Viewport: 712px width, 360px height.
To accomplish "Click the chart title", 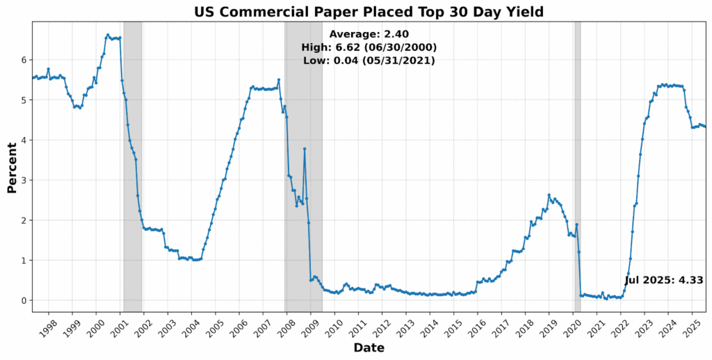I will point(369,12).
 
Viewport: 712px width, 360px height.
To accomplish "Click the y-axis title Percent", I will point(12,167).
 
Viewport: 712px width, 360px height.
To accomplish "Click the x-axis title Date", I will point(369,347).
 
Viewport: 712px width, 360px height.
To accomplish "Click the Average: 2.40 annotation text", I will point(369,34).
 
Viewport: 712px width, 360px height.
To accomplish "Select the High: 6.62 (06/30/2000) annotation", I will point(369,47).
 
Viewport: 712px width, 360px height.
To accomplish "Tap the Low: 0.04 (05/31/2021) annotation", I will point(369,60).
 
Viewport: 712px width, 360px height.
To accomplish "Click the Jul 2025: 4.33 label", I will point(663,280).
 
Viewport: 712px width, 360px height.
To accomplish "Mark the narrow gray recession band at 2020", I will point(577,167).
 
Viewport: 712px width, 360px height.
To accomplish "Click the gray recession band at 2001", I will point(132,167).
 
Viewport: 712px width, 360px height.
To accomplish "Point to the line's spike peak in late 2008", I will point(305,149).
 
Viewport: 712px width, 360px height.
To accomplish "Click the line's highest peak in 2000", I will point(107,35).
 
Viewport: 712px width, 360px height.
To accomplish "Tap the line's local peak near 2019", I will point(549,195).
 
